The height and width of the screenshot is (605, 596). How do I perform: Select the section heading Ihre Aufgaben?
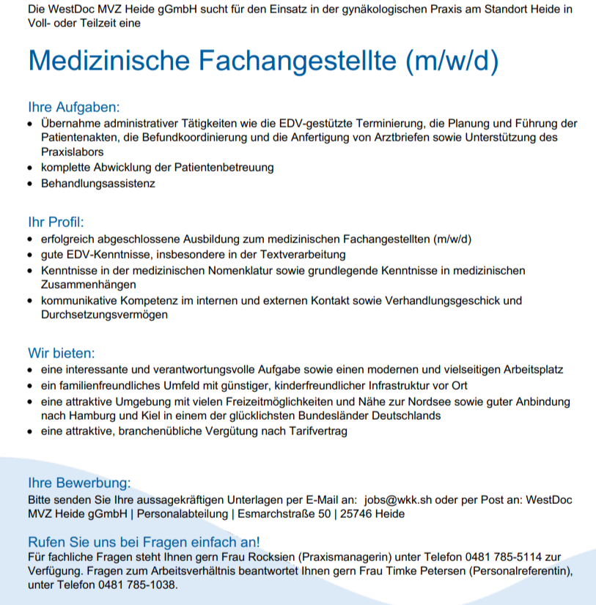pyautogui.click(x=73, y=107)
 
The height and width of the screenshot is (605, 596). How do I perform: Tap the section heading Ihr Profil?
pyautogui.click(x=56, y=222)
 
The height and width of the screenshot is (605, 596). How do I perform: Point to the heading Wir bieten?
pyautogui.click(x=62, y=354)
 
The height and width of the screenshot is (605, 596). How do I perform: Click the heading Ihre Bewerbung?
pyautogui.click(x=78, y=483)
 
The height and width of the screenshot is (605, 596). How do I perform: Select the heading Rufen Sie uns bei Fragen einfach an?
pyautogui.click(x=143, y=542)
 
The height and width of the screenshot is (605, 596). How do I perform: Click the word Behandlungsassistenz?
pyautogui.click(x=98, y=183)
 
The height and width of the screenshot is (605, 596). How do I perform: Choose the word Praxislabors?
pyautogui.click(x=72, y=152)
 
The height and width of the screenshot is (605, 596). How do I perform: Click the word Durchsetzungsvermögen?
pyautogui.click(x=104, y=315)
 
